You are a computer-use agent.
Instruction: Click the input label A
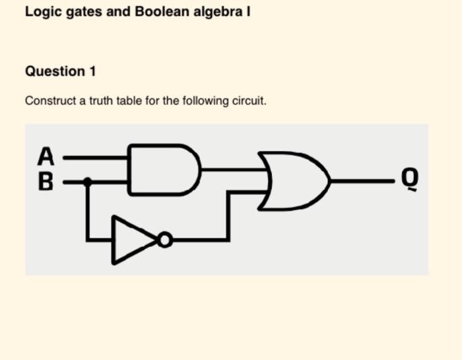(45, 157)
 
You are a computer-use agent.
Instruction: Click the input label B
(45, 180)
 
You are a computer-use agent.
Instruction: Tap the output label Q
(411, 179)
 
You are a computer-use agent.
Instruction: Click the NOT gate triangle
(134, 239)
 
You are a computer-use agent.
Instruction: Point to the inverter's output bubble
(165, 239)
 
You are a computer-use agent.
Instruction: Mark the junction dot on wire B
(87, 180)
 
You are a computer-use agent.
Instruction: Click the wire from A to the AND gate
(96, 159)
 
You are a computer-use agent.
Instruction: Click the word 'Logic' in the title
(42, 12)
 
